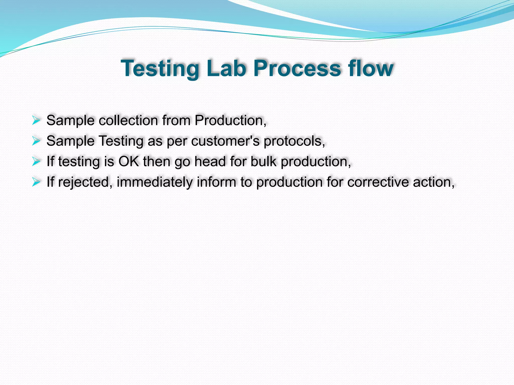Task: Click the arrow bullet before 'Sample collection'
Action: [x=36, y=121]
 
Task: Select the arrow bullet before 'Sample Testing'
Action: [x=36, y=141]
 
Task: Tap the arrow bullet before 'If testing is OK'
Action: [x=36, y=161]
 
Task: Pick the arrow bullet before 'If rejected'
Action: [x=36, y=182]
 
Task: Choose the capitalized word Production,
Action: [x=230, y=121]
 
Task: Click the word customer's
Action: [x=225, y=141]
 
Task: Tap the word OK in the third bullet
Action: [x=128, y=161]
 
